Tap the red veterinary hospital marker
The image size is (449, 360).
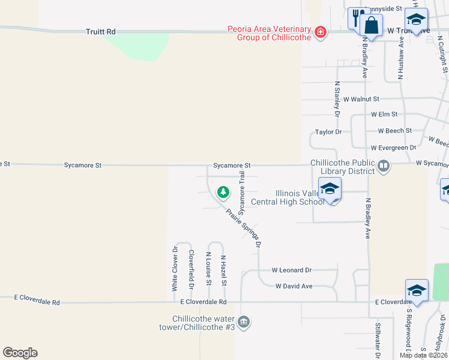320,32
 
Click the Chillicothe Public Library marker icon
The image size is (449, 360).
384,165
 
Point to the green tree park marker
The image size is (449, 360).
223,193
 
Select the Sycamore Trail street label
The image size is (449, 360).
242,193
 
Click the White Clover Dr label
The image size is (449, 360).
175,268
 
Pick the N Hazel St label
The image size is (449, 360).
223,271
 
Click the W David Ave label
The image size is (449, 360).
294,286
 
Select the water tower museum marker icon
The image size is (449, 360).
244,323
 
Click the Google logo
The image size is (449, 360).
20,353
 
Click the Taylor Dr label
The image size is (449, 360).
328,132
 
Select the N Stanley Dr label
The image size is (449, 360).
337,99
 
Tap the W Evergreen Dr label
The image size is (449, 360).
393,148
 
